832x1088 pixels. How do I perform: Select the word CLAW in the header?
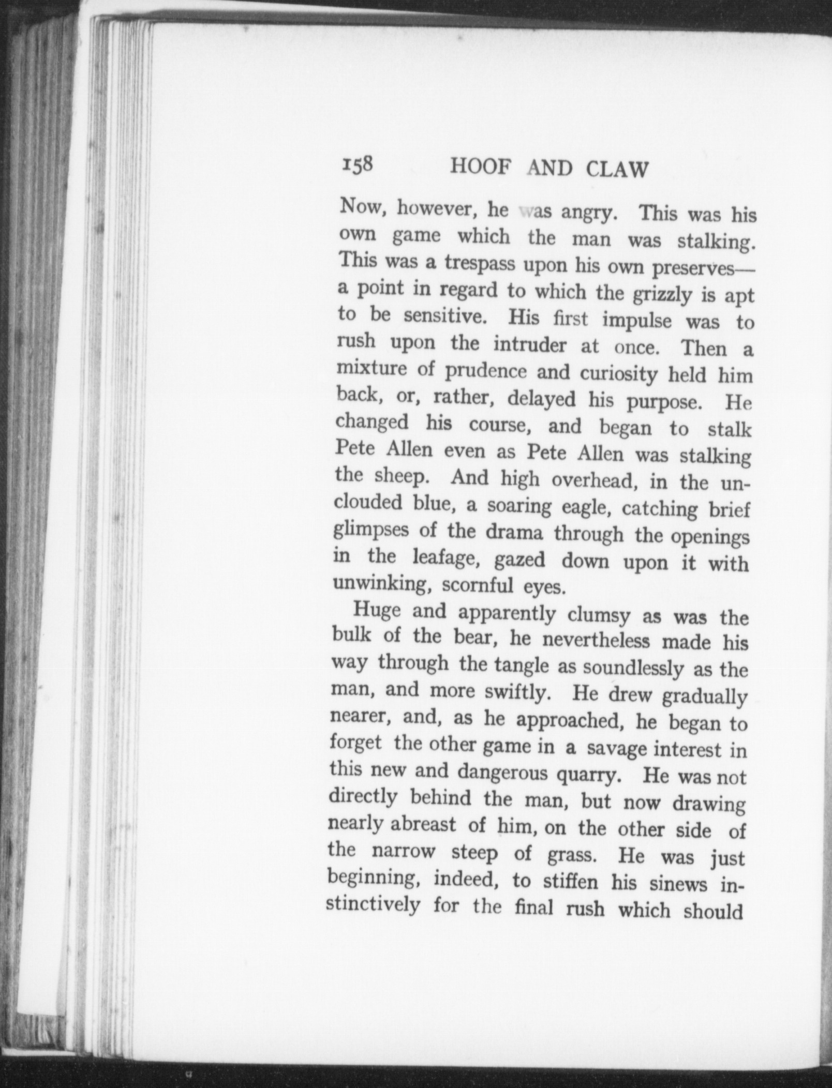coord(617,170)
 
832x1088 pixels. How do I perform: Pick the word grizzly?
coord(659,295)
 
